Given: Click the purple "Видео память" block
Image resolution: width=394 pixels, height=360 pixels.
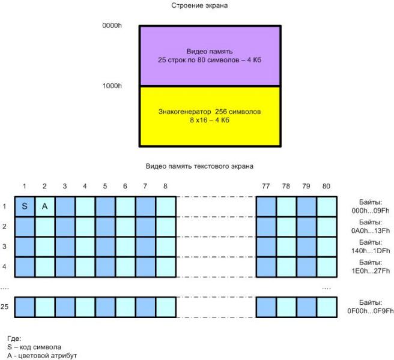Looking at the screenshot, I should coord(209,56).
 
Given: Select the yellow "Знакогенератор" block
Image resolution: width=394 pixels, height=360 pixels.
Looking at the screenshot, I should coord(209,116).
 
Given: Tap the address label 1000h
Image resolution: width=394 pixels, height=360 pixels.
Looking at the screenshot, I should coord(113,86).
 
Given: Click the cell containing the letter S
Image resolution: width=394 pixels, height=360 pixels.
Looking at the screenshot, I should coord(25,206).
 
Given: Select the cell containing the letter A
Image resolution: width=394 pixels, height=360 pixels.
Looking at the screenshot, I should coord(45,206).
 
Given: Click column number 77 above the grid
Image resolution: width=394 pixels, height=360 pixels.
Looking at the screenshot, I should coord(265,187).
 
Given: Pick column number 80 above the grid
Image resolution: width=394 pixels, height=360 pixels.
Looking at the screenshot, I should coord(327,187).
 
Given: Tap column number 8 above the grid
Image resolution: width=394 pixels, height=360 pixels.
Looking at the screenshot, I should coord(165,187).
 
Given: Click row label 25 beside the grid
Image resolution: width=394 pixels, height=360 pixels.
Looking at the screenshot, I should coord(5,307).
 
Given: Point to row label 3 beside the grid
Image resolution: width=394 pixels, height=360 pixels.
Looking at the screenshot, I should coord(4,247).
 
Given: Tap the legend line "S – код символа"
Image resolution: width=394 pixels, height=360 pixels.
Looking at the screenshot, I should coord(35,347).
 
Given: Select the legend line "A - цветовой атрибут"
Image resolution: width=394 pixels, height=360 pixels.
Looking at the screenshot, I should coord(42,355).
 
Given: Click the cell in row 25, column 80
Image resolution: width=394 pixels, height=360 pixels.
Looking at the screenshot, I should coord(327,307).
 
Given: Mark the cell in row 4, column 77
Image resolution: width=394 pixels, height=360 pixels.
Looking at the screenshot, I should coord(265,266).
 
